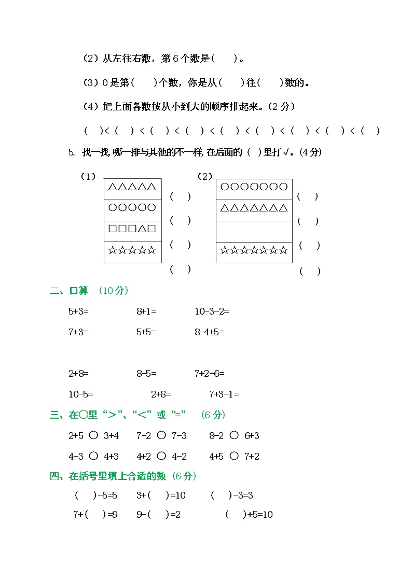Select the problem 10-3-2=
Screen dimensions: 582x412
tap(212, 311)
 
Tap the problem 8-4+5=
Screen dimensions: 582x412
tap(210, 332)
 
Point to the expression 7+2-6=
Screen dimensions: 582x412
tap(210, 373)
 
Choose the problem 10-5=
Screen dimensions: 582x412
tap(81, 394)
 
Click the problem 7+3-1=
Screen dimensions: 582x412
tap(224, 394)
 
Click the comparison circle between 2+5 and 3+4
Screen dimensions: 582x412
tap(93, 435)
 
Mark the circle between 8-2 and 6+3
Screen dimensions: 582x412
tap(234, 435)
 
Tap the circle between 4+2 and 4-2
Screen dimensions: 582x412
tap(161, 456)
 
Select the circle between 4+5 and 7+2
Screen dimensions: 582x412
tap(234, 456)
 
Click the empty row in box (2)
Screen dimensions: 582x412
tap(254, 231)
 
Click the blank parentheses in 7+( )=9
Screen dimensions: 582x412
tap(95, 515)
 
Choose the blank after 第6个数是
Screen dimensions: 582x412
tap(224, 59)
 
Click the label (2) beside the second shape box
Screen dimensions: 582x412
tap(205, 177)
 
